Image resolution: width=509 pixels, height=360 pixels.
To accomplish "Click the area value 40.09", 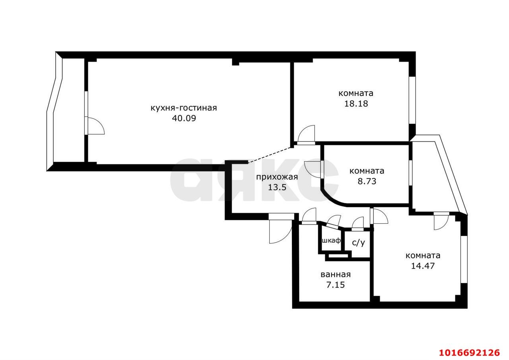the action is (x=184, y=118).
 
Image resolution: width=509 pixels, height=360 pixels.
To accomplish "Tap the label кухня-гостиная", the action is (x=184, y=108).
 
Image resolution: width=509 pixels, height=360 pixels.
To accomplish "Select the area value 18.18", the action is (x=356, y=103).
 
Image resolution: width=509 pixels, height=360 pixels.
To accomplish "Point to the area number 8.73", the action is (x=367, y=181).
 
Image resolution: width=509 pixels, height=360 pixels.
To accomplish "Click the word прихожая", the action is (x=277, y=177).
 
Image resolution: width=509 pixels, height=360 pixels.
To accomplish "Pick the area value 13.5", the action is (x=277, y=187).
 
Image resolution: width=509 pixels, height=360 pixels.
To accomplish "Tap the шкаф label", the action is (x=331, y=241).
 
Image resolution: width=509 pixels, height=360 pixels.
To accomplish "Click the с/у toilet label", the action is (x=358, y=243).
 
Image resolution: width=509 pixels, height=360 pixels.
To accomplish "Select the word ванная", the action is (x=336, y=275).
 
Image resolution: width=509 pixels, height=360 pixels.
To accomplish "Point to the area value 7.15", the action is (x=336, y=285).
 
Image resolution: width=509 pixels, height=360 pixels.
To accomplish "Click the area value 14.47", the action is (x=423, y=266).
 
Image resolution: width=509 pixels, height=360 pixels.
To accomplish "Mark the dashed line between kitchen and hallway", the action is (x=270, y=155).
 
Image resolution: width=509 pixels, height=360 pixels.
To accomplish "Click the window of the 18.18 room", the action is (x=412, y=100).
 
